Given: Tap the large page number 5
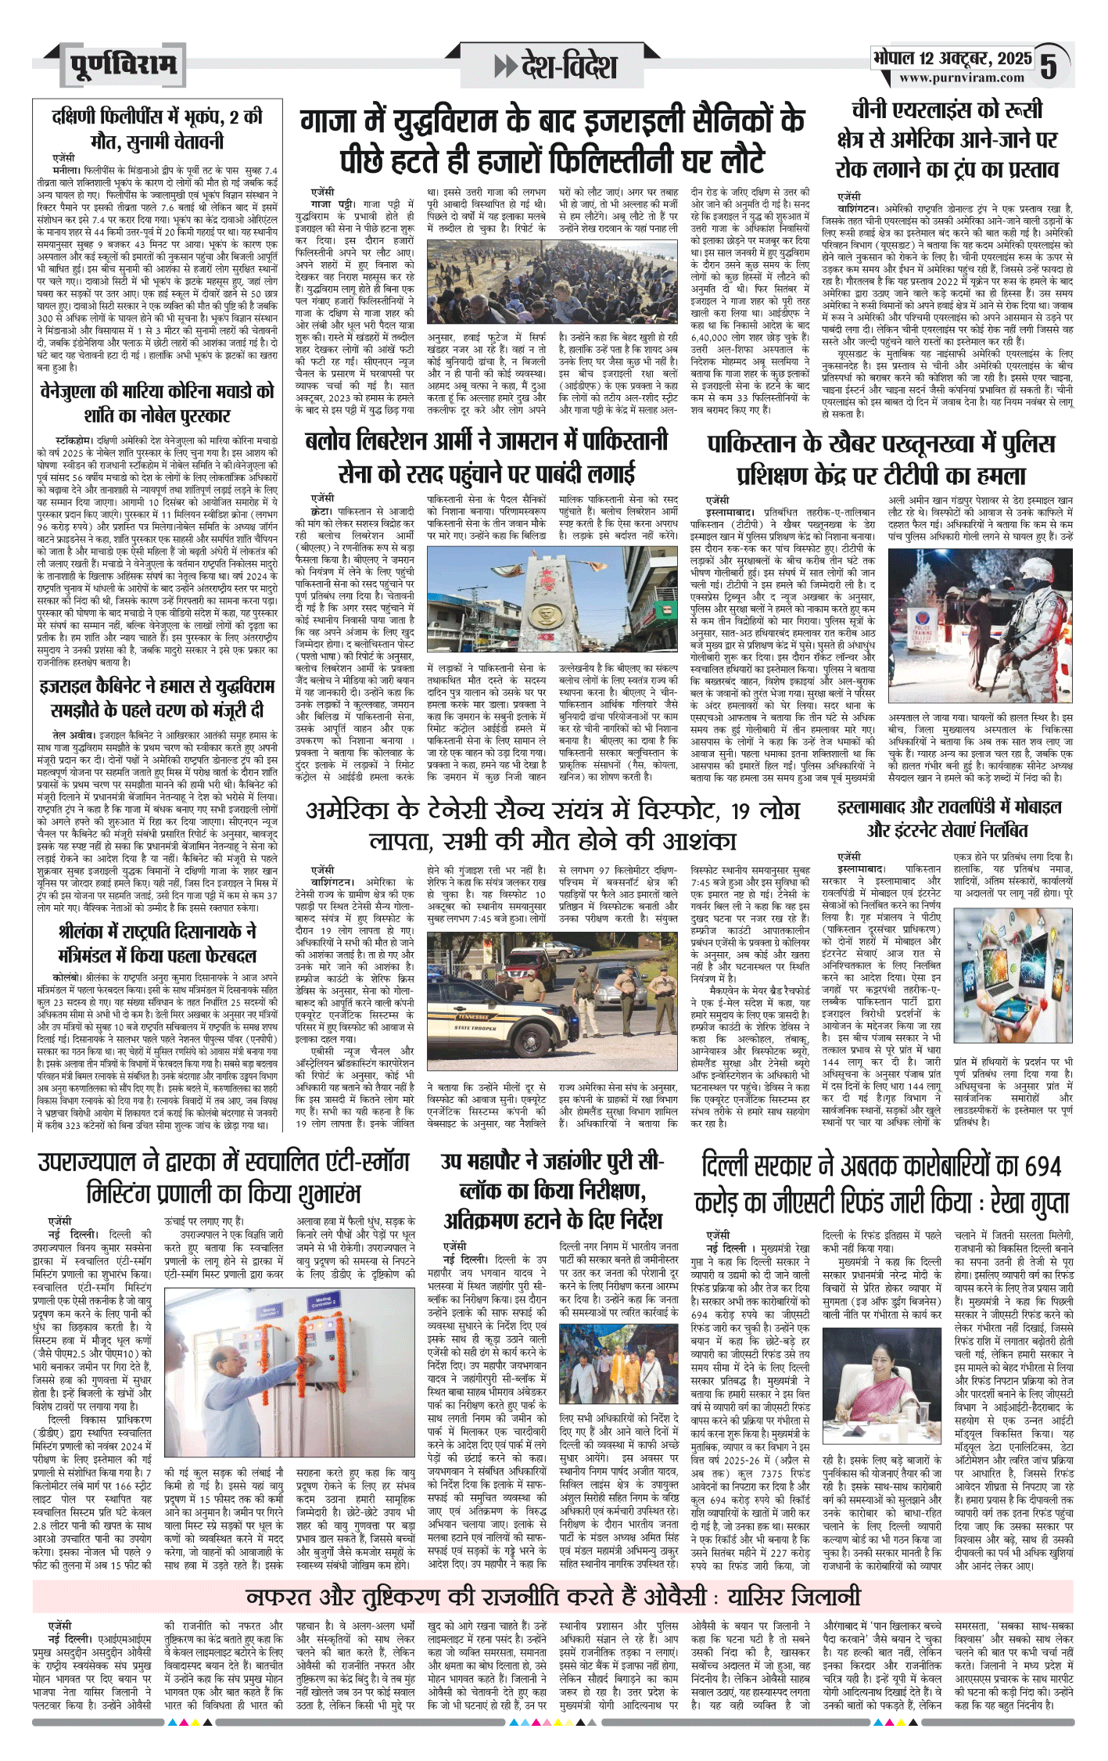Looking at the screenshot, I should tap(1049, 66).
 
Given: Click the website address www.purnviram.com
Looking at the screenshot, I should tap(961, 78).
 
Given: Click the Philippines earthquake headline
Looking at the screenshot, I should tap(157, 130).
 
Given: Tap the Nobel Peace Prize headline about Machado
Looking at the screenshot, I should tap(157, 403).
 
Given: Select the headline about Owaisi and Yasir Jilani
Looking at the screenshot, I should tap(552, 1573).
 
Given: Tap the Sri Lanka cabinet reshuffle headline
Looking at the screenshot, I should tap(157, 943).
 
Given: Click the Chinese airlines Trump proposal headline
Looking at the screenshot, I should tap(947, 139).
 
